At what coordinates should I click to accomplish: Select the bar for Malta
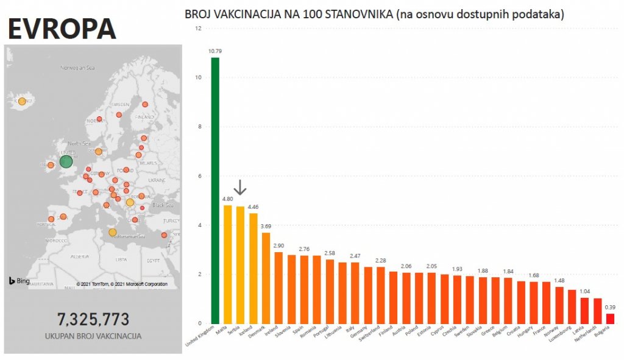tap(227, 264)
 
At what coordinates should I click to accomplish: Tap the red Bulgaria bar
tap(610, 318)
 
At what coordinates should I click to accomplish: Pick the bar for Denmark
tap(266, 278)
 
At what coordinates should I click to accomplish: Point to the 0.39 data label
tap(610, 307)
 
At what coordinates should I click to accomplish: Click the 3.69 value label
tap(266, 227)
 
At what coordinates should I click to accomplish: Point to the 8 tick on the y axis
tap(198, 127)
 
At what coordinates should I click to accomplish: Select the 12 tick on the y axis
tap(197, 28)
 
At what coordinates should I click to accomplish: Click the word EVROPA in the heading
tap(62, 28)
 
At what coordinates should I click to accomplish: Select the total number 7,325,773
tap(93, 319)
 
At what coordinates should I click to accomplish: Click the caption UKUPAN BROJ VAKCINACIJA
tap(93, 336)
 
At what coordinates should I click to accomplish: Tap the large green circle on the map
tap(66, 161)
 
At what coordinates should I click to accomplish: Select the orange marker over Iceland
tap(22, 101)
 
